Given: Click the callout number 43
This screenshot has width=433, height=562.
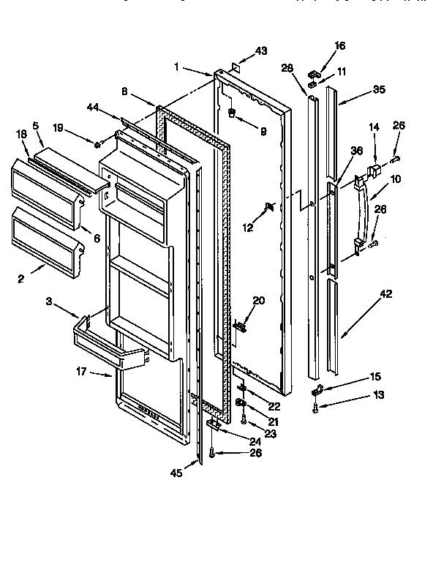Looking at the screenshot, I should pos(262,50).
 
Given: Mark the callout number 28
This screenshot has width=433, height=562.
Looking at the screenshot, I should pos(287,68).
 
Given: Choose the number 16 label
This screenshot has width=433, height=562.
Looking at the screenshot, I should pos(339,45).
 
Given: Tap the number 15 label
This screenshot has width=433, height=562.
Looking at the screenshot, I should pos(374,377).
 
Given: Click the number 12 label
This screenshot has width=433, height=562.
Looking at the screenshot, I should pos(249,228).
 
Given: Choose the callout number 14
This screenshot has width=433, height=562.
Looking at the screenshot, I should pos(374,127).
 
